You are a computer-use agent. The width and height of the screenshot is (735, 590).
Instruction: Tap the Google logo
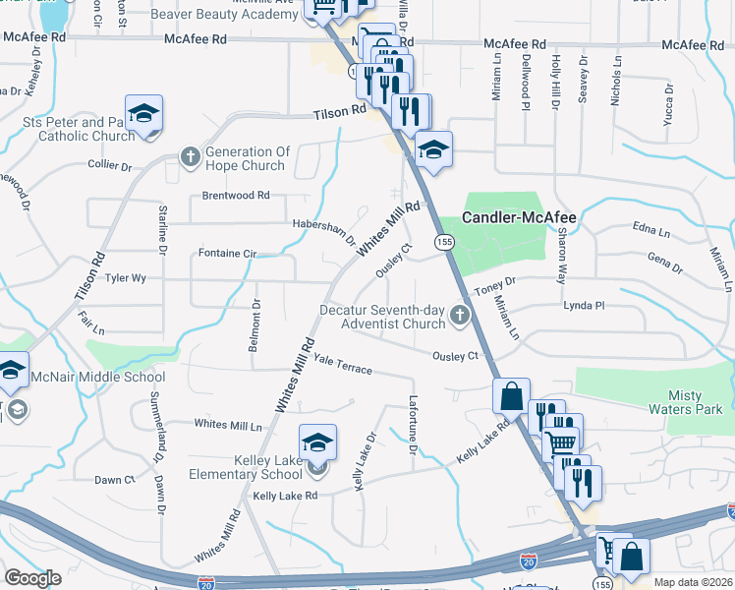[x=32, y=578]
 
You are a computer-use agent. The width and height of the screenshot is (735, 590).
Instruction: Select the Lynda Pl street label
[x=583, y=306]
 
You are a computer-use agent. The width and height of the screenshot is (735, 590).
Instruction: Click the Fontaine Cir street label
[x=227, y=254]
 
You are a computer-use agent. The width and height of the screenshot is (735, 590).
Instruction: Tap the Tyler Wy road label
[x=126, y=278]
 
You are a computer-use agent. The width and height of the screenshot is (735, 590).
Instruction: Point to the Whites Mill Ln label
[x=228, y=425]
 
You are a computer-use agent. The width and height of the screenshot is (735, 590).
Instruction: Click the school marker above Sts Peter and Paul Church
[x=143, y=114]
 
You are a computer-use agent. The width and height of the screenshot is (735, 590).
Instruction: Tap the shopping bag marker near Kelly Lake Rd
[x=511, y=397]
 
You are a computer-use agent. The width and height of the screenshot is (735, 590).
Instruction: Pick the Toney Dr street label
[x=495, y=286]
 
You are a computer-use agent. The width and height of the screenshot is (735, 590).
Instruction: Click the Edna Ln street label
[x=651, y=232]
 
